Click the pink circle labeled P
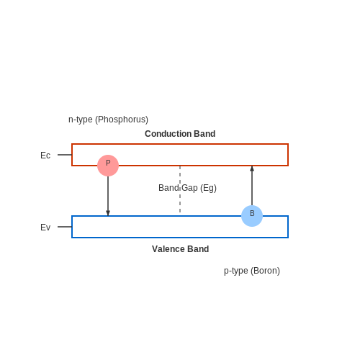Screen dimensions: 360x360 coord(108,166)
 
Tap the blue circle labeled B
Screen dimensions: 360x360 coord(252,216)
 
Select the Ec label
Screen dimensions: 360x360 coord(45,156)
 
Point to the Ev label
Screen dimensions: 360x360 coord(45,228)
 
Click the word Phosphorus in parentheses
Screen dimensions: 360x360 coord(122,120)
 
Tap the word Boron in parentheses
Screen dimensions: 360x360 coord(265,271)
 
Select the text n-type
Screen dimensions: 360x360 coord(81,120)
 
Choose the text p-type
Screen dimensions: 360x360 coord(236,271)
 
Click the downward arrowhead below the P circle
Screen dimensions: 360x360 coord(108,213)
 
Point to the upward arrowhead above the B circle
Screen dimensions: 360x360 coord(252,168)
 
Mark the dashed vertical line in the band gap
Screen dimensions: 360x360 coord(180,189)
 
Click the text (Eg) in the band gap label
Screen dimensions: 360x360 coord(208,188)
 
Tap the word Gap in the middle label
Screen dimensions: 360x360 coord(189,188)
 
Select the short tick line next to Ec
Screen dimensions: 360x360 coord(65,155)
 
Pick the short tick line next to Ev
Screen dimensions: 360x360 coord(65,227)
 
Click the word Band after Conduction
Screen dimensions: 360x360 coord(204,134)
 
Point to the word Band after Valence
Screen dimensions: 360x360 coord(198,249)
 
